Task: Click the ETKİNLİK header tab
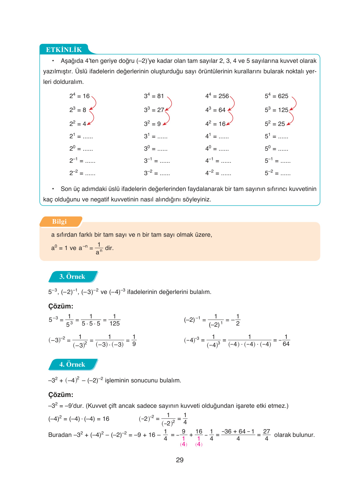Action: coord(64,50)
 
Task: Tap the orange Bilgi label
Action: coord(59,222)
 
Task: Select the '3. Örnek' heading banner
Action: coord(72,277)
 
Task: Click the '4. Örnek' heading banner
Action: coord(72,364)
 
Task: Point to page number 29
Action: coord(180,460)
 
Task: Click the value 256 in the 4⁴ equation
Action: coord(223,96)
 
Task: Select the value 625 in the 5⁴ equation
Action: coord(283,96)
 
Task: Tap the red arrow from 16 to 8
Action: coord(94,103)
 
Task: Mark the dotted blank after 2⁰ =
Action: coord(88,149)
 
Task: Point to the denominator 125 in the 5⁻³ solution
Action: coord(115,324)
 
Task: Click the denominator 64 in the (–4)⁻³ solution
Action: coord(286,344)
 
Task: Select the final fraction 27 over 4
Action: coord(267,435)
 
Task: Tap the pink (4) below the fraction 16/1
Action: coord(199,444)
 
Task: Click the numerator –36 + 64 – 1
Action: coord(238,431)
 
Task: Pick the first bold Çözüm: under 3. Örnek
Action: coord(61,306)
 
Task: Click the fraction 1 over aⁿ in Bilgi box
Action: coord(99,248)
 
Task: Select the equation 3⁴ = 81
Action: coord(154,96)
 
